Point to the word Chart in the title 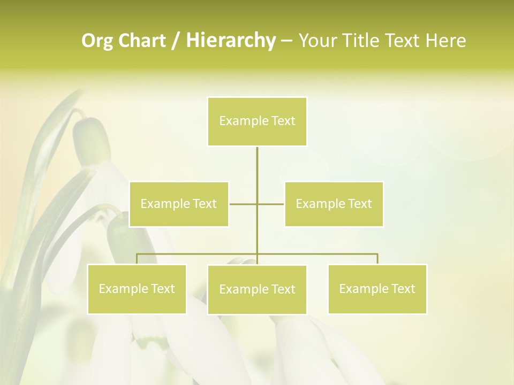142,41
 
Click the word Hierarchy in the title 231,41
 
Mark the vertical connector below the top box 257,171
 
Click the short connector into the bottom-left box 137,259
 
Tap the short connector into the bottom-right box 377,259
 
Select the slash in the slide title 176,41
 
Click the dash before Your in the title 286,41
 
